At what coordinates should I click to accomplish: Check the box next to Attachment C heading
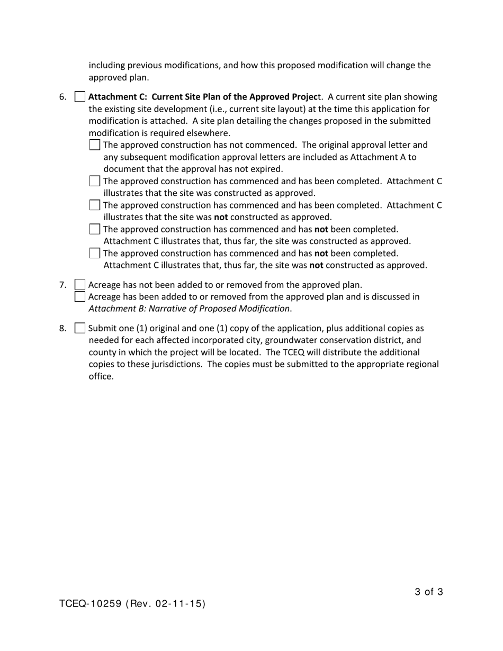[79, 97]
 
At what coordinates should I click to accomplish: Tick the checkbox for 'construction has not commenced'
[95, 145]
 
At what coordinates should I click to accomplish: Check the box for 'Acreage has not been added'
[79, 285]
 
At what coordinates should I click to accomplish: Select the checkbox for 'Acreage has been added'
[79, 296]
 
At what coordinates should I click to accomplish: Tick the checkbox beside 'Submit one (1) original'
[79, 328]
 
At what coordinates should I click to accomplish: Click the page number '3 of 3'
[429, 592]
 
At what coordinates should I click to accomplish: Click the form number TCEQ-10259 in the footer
[91, 603]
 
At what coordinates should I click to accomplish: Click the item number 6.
[63, 97]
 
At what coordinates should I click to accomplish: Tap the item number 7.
[63, 285]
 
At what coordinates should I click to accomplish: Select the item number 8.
[63, 328]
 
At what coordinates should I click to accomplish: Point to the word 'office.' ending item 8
[101, 376]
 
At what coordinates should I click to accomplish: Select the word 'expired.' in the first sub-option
[267, 169]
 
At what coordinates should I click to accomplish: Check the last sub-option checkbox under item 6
[95, 254]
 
